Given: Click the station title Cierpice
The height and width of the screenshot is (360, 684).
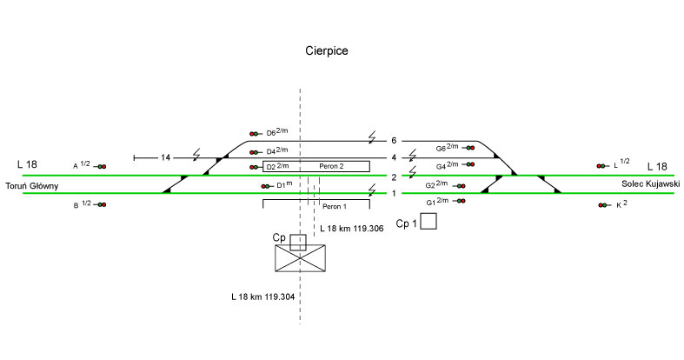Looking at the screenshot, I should pyautogui.click(x=327, y=51).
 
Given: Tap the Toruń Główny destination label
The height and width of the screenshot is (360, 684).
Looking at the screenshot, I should pyautogui.click(x=31, y=186).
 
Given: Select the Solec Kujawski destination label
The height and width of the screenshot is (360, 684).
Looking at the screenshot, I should pyautogui.click(x=650, y=184).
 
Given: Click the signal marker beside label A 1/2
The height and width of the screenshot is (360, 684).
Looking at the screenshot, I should pyautogui.click(x=102, y=166).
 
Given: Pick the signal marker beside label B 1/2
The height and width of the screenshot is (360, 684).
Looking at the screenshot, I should pyautogui.click(x=102, y=204).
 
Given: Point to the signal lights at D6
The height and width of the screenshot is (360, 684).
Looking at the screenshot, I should pyautogui.click(x=255, y=134).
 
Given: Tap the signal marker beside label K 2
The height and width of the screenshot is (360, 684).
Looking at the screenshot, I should pyautogui.click(x=602, y=205).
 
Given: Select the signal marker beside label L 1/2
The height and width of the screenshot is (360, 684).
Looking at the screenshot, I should pyautogui.click(x=601, y=165).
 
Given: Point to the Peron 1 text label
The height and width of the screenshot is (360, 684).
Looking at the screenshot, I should pyautogui.click(x=335, y=207).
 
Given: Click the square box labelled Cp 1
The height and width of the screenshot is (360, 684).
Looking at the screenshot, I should pyautogui.click(x=428, y=222).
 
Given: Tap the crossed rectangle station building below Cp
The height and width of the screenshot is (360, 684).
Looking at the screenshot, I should pyautogui.click(x=300, y=258).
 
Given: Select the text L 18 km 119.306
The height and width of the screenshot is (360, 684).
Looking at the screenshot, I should pyautogui.click(x=352, y=228).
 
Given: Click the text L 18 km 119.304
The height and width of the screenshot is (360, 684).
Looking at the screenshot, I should pyautogui.click(x=262, y=297).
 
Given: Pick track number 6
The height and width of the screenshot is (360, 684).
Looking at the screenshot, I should pyautogui.click(x=394, y=141).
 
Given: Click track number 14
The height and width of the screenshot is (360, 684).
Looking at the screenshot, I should pyautogui.click(x=167, y=157).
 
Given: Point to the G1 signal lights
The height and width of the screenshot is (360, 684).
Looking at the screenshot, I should pyautogui.click(x=461, y=201).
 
